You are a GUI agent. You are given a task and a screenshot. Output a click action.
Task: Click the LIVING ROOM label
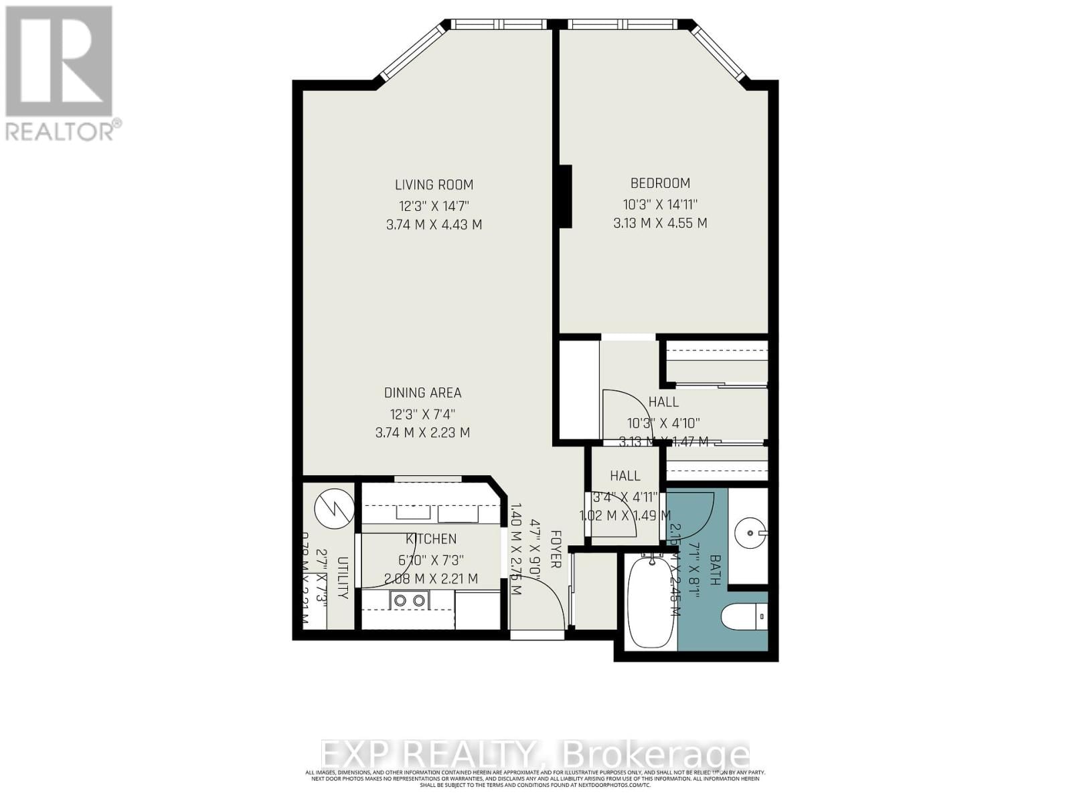pyautogui.click(x=434, y=185)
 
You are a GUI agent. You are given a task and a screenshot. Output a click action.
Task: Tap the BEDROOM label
pyautogui.click(x=660, y=183)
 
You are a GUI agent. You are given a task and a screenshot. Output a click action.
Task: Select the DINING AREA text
pyautogui.click(x=422, y=393)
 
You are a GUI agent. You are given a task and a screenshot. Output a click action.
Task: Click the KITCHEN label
pyautogui.click(x=431, y=539)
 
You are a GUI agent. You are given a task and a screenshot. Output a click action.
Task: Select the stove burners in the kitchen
pyautogui.click(x=409, y=600)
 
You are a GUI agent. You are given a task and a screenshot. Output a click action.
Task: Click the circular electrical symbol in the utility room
pyautogui.click(x=333, y=509)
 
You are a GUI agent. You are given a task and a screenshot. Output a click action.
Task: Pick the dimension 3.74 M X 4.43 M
pyautogui.click(x=434, y=225)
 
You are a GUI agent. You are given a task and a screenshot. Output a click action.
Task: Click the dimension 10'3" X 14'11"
pyautogui.click(x=660, y=203)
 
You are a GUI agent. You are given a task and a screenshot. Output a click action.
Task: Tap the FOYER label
pyautogui.click(x=555, y=549)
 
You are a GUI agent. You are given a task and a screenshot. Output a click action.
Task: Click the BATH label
pyautogui.click(x=714, y=570)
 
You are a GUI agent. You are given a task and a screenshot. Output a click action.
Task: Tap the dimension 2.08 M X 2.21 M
pyautogui.click(x=431, y=579)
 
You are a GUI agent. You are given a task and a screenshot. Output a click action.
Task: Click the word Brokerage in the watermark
pyautogui.click(x=657, y=755)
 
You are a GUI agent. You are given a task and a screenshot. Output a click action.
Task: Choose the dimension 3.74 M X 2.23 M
pyautogui.click(x=422, y=433)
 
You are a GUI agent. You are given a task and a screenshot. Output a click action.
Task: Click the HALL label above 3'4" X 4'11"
pyautogui.click(x=625, y=476)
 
